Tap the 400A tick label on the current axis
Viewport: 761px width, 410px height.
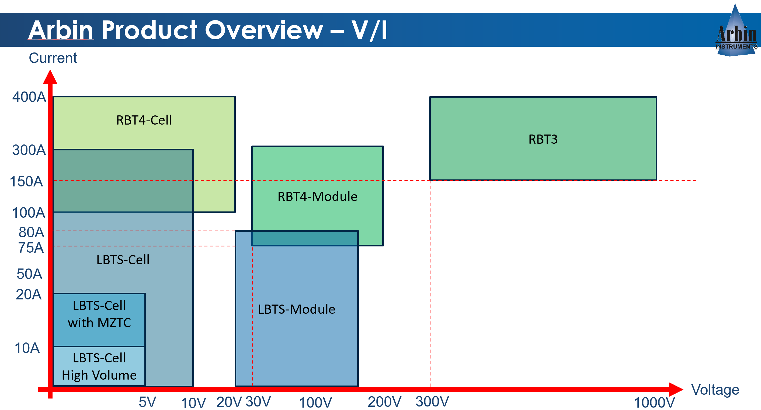[29, 97]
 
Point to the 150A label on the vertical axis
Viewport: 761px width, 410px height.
[26, 181]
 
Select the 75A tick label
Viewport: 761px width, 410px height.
[31, 248]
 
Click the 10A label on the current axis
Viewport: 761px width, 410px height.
[27, 348]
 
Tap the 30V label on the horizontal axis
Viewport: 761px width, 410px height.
[258, 402]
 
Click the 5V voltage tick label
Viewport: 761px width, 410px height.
[147, 402]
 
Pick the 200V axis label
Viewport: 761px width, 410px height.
[384, 402]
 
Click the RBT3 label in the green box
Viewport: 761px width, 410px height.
[543, 139]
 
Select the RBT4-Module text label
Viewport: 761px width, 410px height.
[317, 196]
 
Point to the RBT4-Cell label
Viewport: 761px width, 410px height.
[144, 120]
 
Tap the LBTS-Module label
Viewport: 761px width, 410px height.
[296, 309]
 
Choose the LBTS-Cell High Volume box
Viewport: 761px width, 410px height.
[99, 366]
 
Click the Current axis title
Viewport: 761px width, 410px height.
[53, 58]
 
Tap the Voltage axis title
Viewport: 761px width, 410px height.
[715, 390]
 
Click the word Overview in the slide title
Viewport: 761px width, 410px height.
[264, 30]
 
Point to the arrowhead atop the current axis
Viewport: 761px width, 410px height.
[50, 77]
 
